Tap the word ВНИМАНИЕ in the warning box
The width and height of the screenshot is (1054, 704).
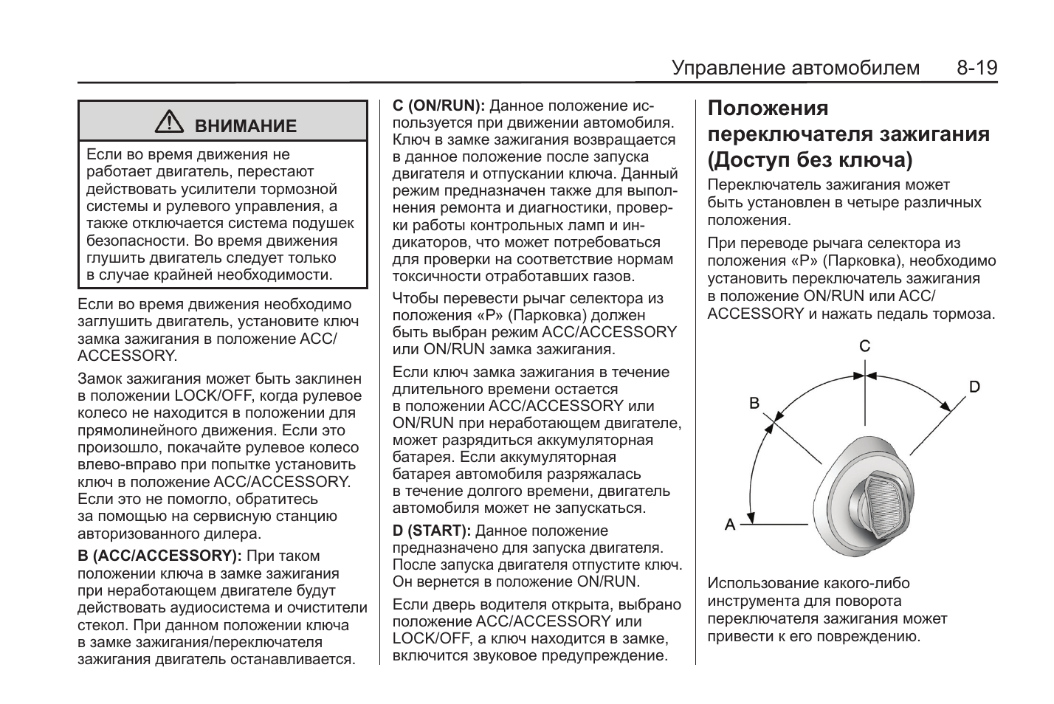245,126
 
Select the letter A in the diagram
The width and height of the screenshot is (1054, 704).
730,525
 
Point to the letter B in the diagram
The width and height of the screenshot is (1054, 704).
754,403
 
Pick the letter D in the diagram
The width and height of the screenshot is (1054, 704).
974,387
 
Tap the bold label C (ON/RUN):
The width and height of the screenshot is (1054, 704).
438,106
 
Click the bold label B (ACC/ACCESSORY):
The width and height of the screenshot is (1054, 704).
159,556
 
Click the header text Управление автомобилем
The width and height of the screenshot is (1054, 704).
796,69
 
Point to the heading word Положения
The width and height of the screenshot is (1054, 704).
768,108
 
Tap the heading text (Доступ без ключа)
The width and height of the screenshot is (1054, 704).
810,159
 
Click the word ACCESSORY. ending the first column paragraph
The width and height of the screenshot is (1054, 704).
127,356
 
